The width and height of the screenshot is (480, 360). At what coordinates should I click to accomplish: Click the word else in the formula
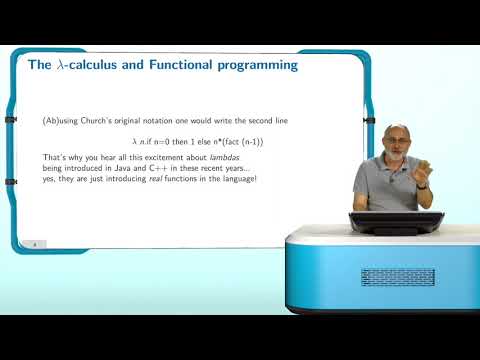(187, 142)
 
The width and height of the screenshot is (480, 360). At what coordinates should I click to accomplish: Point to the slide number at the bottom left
(35, 243)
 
